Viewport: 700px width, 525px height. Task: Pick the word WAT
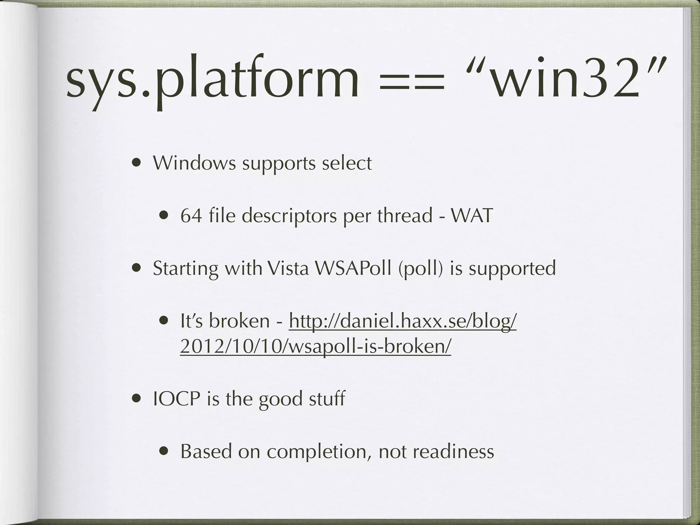472,216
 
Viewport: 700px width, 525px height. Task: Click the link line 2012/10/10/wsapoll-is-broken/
315,347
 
